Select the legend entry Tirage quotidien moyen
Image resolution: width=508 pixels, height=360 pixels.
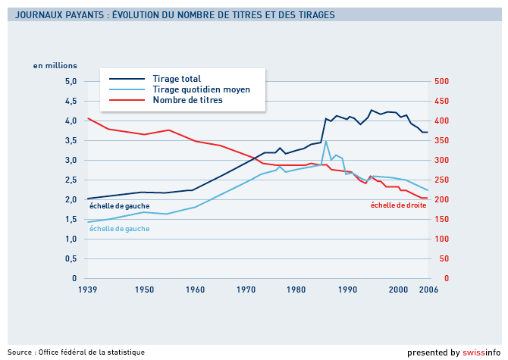(x=201, y=89)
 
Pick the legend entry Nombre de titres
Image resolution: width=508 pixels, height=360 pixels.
(x=187, y=100)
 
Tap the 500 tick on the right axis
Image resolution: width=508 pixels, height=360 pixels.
(x=441, y=81)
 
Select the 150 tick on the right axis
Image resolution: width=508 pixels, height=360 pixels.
(x=441, y=219)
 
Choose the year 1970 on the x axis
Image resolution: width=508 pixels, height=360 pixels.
(x=246, y=290)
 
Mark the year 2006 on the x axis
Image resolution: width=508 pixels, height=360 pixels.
(x=428, y=290)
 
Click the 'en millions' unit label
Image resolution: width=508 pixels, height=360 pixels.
(x=55, y=65)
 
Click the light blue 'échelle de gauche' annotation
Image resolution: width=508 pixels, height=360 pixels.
(x=119, y=228)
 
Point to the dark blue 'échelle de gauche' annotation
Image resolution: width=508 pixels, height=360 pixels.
(x=119, y=205)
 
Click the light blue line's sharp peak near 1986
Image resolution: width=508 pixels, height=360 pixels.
(x=326, y=141)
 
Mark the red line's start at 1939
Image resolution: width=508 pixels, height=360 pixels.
(x=88, y=118)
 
